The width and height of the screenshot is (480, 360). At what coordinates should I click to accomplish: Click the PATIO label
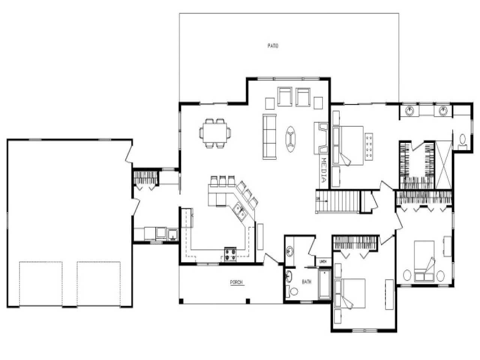tap(273, 46)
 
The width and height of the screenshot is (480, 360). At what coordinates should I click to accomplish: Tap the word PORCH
tap(236, 282)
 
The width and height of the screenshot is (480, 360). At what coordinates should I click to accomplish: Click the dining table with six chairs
tap(215, 133)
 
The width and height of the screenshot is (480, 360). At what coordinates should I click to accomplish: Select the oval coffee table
tap(291, 139)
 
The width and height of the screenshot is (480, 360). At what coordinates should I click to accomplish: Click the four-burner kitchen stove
tap(230, 254)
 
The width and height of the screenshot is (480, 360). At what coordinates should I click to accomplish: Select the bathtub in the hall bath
tap(324, 284)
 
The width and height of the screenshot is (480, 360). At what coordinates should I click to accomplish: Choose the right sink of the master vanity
tap(444, 110)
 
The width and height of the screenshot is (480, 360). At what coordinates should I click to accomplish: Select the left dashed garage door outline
tap(40, 283)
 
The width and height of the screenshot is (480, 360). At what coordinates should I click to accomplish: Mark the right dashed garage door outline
tap(99, 283)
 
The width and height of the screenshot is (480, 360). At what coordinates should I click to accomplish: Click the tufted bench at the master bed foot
tap(369, 146)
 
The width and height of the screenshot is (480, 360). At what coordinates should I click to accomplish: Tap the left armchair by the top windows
tap(285, 96)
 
